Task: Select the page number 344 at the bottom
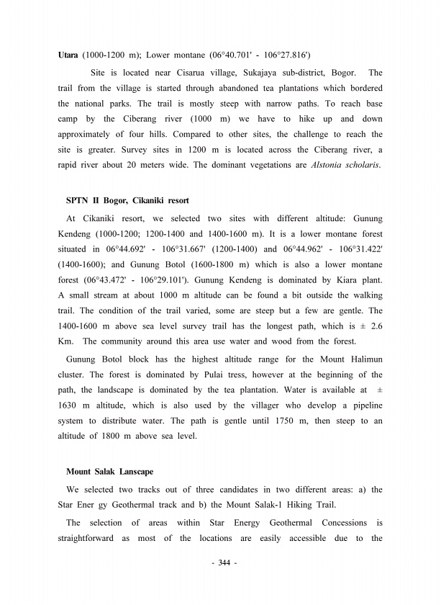point(220,562)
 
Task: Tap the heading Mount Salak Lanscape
point(109,472)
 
